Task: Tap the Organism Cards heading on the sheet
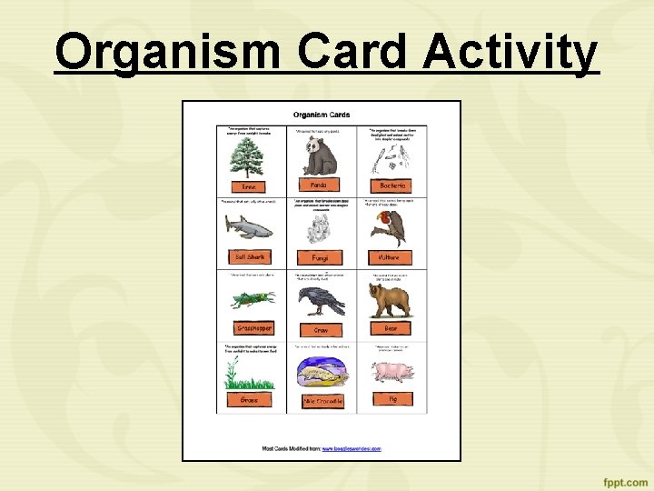pyautogui.click(x=321, y=115)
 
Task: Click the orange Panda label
pyautogui.click(x=319, y=185)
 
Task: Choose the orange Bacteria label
pyautogui.click(x=392, y=185)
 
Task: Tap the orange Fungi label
pyautogui.click(x=320, y=258)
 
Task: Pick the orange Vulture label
pyautogui.click(x=390, y=257)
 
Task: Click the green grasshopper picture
pyautogui.click(x=251, y=300)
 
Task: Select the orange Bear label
pyautogui.click(x=391, y=327)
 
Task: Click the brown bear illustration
pyautogui.click(x=391, y=298)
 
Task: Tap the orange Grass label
pyautogui.click(x=249, y=399)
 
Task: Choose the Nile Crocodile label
pyautogui.click(x=322, y=401)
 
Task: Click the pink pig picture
pyautogui.click(x=392, y=372)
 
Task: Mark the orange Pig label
pyautogui.click(x=393, y=398)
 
